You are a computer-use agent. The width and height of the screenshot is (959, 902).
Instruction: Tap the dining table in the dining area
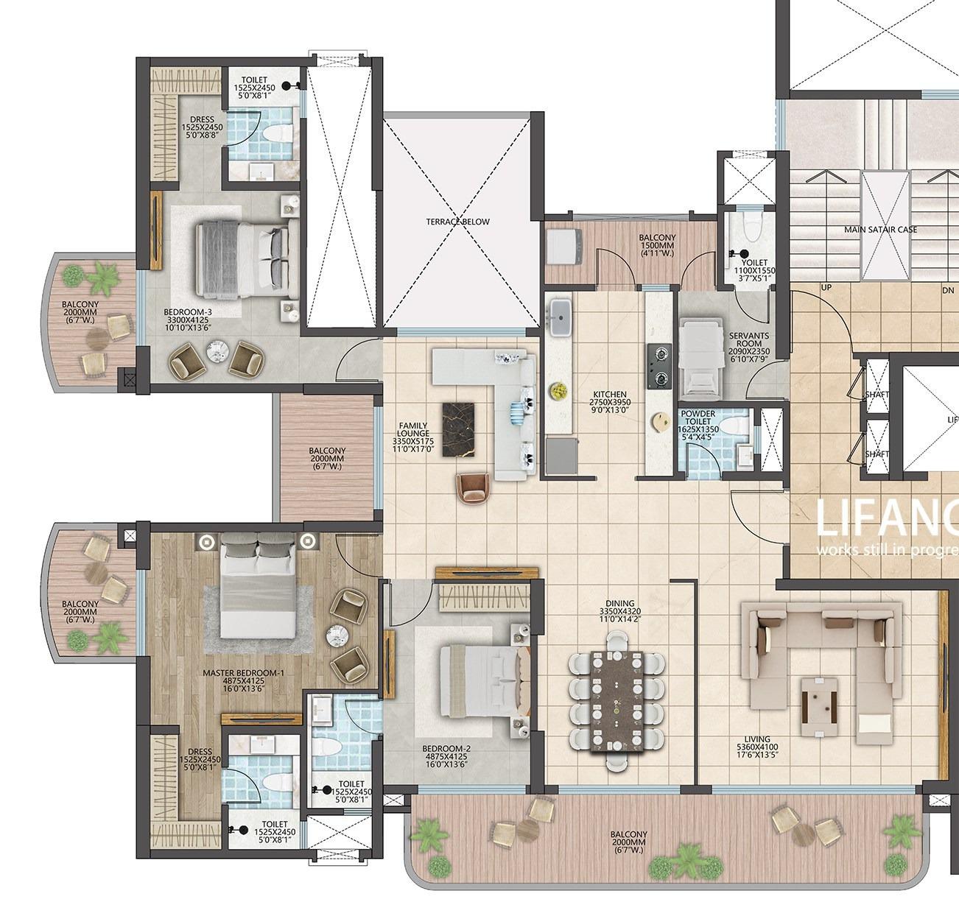[617, 700]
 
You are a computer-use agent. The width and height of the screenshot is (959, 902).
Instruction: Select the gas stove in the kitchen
[658, 367]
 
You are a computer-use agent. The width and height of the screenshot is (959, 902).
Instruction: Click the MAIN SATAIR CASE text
[880, 230]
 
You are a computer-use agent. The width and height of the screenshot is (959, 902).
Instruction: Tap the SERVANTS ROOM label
[748, 344]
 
